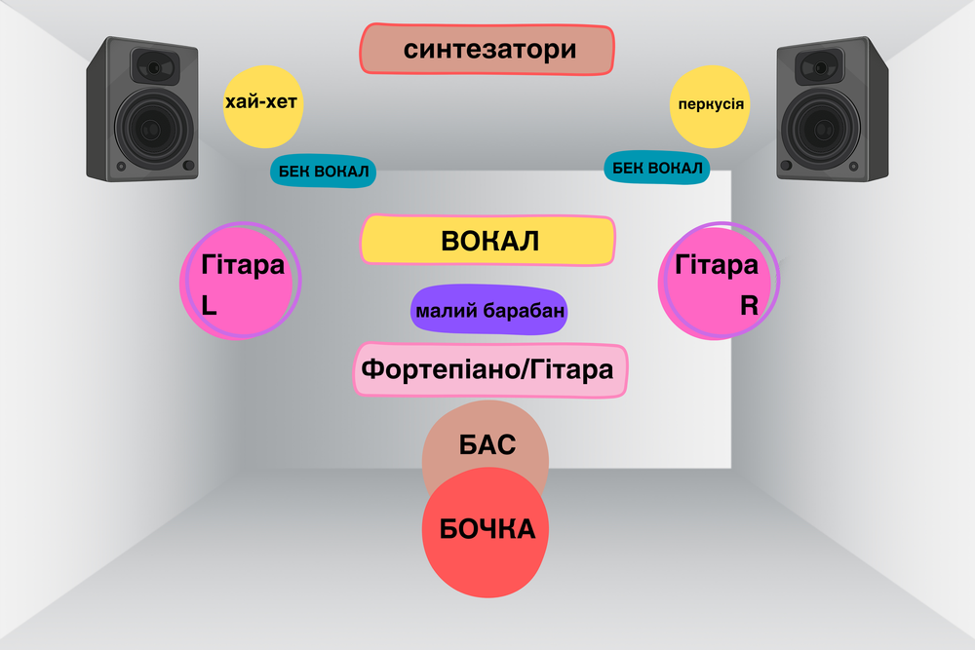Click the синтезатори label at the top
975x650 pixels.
click(487, 49)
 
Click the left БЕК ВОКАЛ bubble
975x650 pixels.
click(323, 172)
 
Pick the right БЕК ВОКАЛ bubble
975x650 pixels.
click(657, 168)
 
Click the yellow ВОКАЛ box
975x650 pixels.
click(488, 241)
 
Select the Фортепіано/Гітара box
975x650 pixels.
click(489, 370)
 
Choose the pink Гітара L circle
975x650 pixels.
click(240, 283)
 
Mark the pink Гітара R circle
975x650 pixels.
click(719, 281)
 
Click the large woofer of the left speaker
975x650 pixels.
click(153, 130)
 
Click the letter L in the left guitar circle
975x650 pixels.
click(209, 305)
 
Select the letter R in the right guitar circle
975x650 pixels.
click(748, 305)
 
